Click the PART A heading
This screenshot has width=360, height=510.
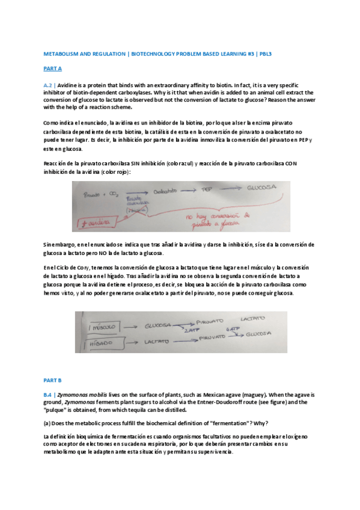52,69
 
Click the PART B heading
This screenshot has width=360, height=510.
52,381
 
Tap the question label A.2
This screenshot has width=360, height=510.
50,85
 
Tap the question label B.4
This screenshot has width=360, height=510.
50,395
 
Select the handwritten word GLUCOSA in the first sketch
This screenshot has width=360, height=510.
262,186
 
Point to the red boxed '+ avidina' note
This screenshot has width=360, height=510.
92,223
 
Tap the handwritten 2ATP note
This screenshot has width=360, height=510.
191,331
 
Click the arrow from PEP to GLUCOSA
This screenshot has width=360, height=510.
231,189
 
